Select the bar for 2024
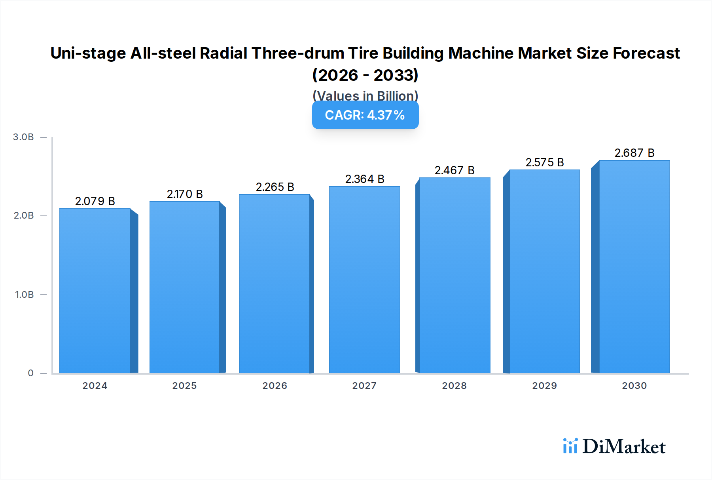coord(95,291)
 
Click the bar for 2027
coord(365,280)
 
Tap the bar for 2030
coord(634,267)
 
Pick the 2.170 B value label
coord(185,194)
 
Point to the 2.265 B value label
coord(275,187)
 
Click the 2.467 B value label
coord(454,170)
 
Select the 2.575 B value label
coord(545,162)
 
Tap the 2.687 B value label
coord(634,153)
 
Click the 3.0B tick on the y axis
coord(23,137)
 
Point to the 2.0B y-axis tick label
coord(24,215)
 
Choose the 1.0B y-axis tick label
coord(24,294)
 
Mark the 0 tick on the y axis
coord(30,373)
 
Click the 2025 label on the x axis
coord(184,386)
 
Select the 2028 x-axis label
coord(454,386)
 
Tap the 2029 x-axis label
coord(545,386)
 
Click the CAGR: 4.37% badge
coord(365,115)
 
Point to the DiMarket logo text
coord(624,447)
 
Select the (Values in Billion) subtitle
coord(365,95)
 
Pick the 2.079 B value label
coord(95,201)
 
